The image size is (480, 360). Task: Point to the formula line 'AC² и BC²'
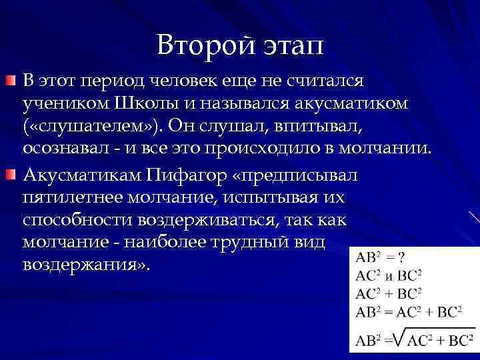[x=389, y=275]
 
